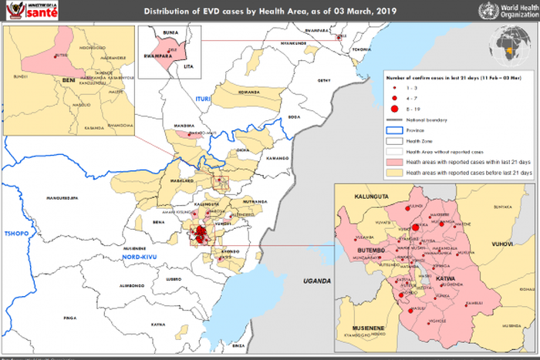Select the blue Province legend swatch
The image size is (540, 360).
click(394, 130)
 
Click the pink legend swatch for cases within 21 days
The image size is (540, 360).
click(394, 163)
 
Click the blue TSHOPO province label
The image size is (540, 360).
click(15, 232)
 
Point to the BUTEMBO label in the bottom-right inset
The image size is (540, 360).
click(368, 251)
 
